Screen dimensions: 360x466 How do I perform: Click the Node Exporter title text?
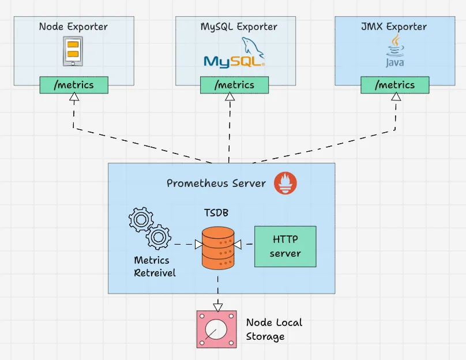point(73,27)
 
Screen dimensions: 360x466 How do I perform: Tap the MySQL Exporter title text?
point(239,27)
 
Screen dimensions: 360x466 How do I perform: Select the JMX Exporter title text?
point(394,27)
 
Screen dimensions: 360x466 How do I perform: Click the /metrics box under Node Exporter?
point(74,85)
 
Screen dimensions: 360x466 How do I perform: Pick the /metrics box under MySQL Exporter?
point(234,85)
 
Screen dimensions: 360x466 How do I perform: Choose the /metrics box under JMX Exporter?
point(395,85)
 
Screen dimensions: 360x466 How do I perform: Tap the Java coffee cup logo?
point(395,51)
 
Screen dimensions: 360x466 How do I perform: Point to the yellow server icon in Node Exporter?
point(73,50)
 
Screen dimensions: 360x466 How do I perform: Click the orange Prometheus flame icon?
point(285,183)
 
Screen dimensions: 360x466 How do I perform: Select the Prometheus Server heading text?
point(216,183)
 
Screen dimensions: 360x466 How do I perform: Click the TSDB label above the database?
point(216,213)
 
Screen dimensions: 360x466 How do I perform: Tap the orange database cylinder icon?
point(217,247)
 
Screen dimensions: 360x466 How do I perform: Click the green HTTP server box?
point(285,246)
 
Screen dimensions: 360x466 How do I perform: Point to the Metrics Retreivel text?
point(155,267)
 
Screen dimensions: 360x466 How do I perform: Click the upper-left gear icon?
point(140,219)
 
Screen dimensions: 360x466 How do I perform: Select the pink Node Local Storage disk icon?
point(216,329)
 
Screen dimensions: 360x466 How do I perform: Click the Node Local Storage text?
point(274,329)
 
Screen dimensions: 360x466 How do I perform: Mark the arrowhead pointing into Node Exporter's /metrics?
point(74,98)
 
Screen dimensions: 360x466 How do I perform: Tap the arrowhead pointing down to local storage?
point(217,306)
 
